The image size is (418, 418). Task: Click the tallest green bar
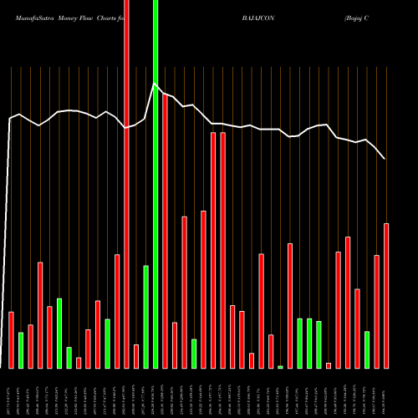155,184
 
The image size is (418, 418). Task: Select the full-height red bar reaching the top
126,184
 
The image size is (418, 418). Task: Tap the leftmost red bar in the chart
11,339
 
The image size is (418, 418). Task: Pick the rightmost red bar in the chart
386,296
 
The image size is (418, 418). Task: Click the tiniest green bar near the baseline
280,366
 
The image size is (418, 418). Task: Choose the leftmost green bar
21,350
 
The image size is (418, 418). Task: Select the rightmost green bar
367,349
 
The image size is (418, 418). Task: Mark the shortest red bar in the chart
329,365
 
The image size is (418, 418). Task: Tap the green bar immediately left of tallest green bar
145,317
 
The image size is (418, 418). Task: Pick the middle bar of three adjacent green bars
309,343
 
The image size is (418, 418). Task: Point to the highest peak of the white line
155,84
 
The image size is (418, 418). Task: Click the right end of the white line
385,159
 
